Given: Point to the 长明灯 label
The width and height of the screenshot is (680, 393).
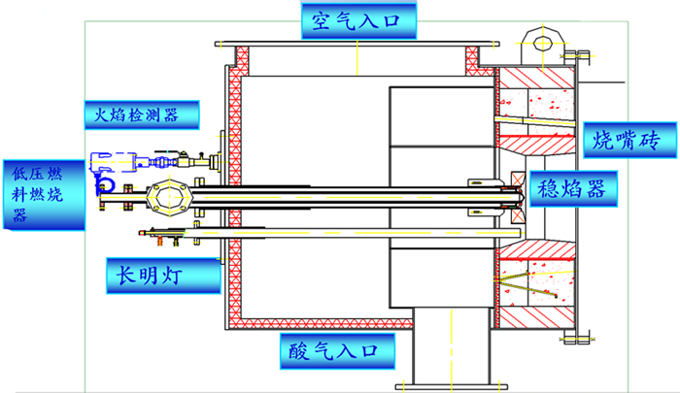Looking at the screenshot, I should click(162, 276).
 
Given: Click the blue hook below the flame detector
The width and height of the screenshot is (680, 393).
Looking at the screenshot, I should click(104, 182).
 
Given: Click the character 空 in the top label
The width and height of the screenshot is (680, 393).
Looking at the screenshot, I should click(318, 19).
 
